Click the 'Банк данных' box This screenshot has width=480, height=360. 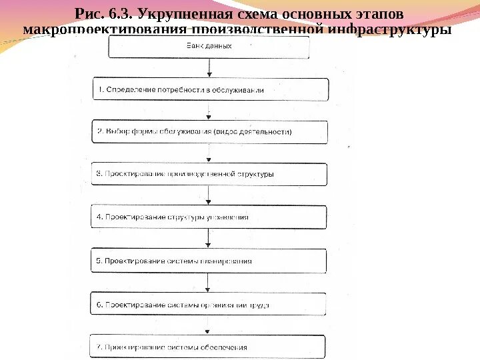tap(209, 47)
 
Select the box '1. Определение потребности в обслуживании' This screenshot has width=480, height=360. tap(209, 89)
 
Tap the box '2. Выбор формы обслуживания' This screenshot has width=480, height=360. tap(209, 131)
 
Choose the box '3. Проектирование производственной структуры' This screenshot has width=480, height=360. tap(209, 174)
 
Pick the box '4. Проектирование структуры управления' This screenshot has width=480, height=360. tap(209, 217)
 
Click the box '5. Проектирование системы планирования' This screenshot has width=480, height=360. tap(209, 261)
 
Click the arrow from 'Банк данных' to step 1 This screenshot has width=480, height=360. tap(209, 68)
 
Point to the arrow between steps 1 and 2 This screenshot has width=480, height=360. tap(209, 111)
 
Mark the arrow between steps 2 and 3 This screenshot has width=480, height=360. tap(209, 153)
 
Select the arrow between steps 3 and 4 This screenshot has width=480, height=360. tap(209, 195)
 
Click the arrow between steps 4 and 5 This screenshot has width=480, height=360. tap(209, 239)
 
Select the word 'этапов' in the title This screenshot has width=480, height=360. tap(380, 14)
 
